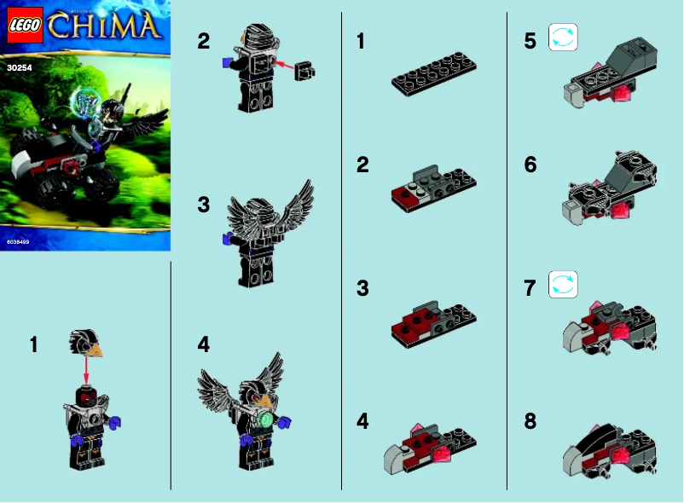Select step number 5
(x=530, y=41)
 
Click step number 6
(x=530, y=165)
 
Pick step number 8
(x=530, y=421)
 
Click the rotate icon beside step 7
(x=563, y=285)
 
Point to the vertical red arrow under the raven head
(x=86, y=370)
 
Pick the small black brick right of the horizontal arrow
(x=304, y=73)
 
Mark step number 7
(x=530, y=287)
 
